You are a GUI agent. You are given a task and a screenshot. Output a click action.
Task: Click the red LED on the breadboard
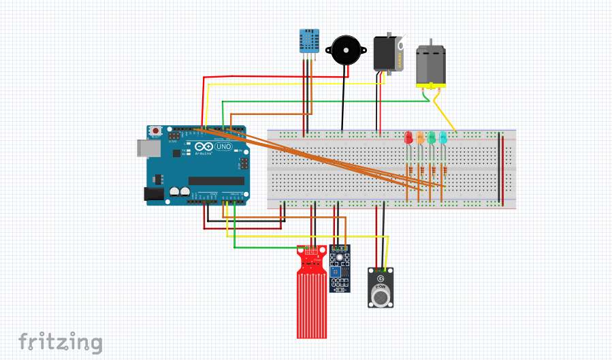point(408,137)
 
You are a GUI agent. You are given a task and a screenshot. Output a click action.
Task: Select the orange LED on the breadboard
point(420,137)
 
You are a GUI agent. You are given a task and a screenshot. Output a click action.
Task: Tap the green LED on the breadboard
point(432,137)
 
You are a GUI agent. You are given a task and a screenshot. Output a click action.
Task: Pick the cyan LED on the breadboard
point(443,137)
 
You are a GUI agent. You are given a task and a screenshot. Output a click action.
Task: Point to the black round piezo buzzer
point(344,50)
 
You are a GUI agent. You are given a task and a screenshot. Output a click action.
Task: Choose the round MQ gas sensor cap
point(381,295)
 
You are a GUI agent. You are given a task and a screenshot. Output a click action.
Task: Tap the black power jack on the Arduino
point(155,194)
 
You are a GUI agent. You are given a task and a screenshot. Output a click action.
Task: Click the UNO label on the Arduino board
point(223,146)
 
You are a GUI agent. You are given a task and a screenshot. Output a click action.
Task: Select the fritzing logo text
point(60,342)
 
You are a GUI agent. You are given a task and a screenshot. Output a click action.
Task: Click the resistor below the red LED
point(408,169)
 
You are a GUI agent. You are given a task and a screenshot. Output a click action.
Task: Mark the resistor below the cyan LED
point(443,169)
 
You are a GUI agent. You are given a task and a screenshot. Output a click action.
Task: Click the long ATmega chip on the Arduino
point(216,180)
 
